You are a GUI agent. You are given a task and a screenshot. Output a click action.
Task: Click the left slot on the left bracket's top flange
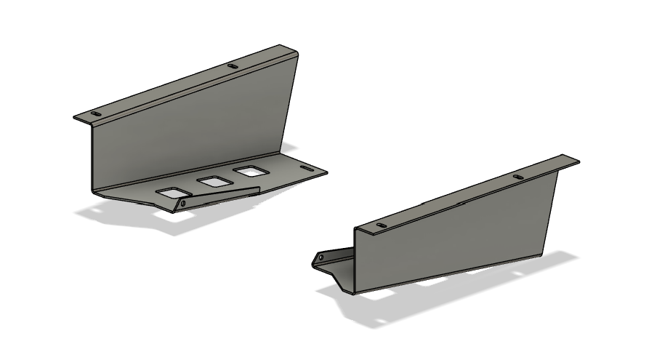pos(96,114)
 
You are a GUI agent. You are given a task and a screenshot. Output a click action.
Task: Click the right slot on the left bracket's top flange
pos(233,66)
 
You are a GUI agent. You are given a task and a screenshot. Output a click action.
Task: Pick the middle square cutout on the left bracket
pos(214,182)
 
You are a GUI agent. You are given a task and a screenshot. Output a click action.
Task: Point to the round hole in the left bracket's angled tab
pos(182,204)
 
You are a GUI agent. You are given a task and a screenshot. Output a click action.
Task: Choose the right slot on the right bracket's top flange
pos(517,177)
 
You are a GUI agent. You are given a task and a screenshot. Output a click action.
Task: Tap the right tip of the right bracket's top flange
pos(578,161)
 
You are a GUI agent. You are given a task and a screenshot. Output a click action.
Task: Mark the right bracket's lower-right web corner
pos(544,255)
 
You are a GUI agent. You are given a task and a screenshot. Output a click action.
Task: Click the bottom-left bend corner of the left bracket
pos(94,191)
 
